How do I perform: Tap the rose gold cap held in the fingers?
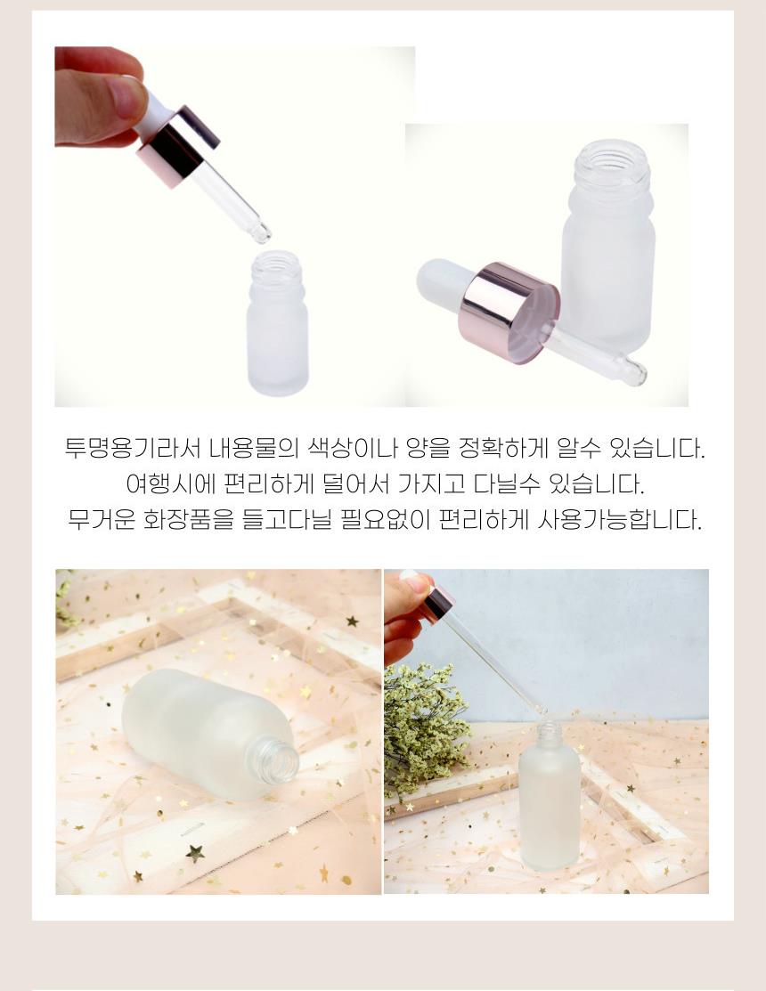[x=177, y=147]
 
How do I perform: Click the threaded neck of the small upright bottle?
[x=275, y=268]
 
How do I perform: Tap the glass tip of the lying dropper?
[x=634, y=371]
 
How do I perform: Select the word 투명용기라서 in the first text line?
[x=133, y=448]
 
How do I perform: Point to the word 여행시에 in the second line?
[x=171, y=484]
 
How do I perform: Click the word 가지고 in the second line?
[x=431, y=484]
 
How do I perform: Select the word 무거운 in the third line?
[x=102, y=520]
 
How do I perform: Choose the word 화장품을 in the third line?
[x=189, y=520]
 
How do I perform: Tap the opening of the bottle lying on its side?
[x=278, y=761]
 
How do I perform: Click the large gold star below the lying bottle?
[x=195, y=853]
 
